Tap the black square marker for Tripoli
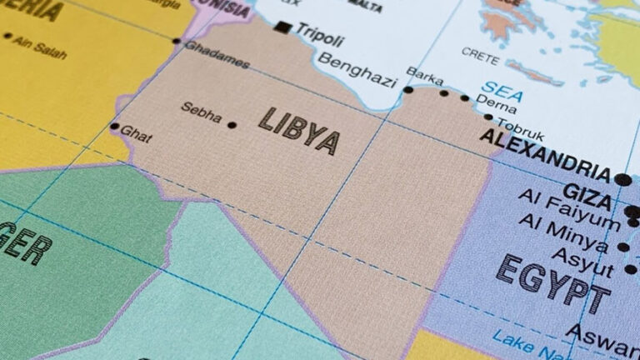click(x=283, y=27)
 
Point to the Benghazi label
click(x=357, y=70)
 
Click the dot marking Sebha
click(x=232, y=125)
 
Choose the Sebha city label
click(x=202, y=112)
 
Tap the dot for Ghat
click(x=114, y=127)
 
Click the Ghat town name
click(x=136, y=133)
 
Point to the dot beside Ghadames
click(x=177, y=40)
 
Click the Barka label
click(x=424, y=77)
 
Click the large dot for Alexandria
click(x=622, y=179)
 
